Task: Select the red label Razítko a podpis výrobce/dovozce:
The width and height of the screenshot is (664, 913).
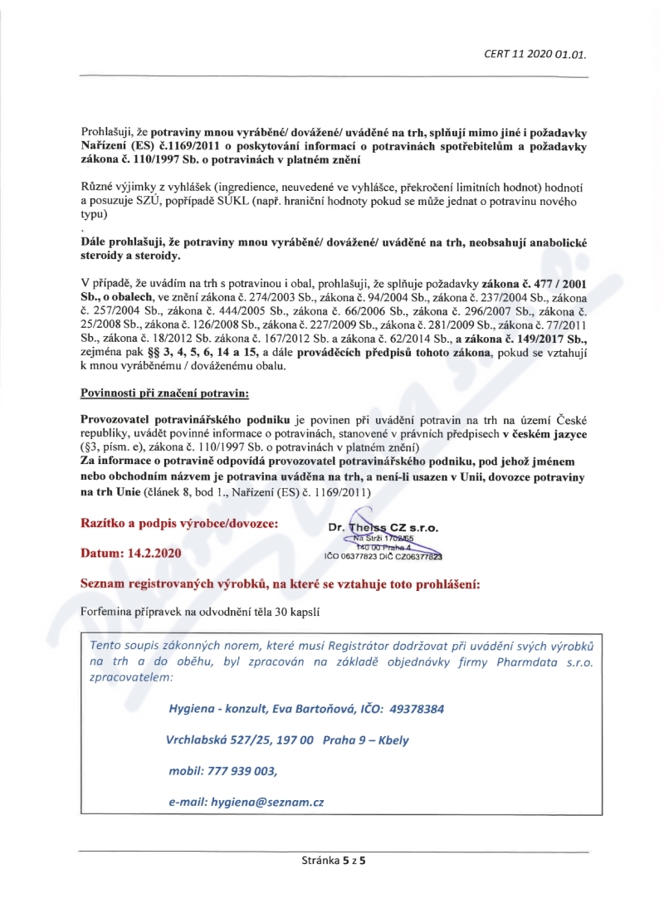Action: click(x=179, y=524)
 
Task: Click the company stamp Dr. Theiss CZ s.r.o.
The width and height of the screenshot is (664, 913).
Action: click(x=383, y=528)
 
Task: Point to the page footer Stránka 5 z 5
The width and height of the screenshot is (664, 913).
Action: click(x=334, y=861)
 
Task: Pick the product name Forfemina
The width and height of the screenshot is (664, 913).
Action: click(x=107, y=613)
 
